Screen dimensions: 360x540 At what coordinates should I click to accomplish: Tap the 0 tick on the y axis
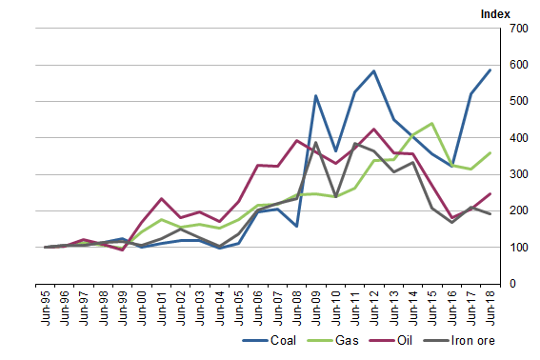512,284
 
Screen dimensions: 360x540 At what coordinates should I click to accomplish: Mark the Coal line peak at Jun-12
373,71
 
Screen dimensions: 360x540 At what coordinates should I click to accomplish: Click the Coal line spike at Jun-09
315,96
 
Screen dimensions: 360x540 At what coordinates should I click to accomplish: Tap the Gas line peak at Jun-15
431,124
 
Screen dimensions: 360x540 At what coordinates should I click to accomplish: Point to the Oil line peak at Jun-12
373,130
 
